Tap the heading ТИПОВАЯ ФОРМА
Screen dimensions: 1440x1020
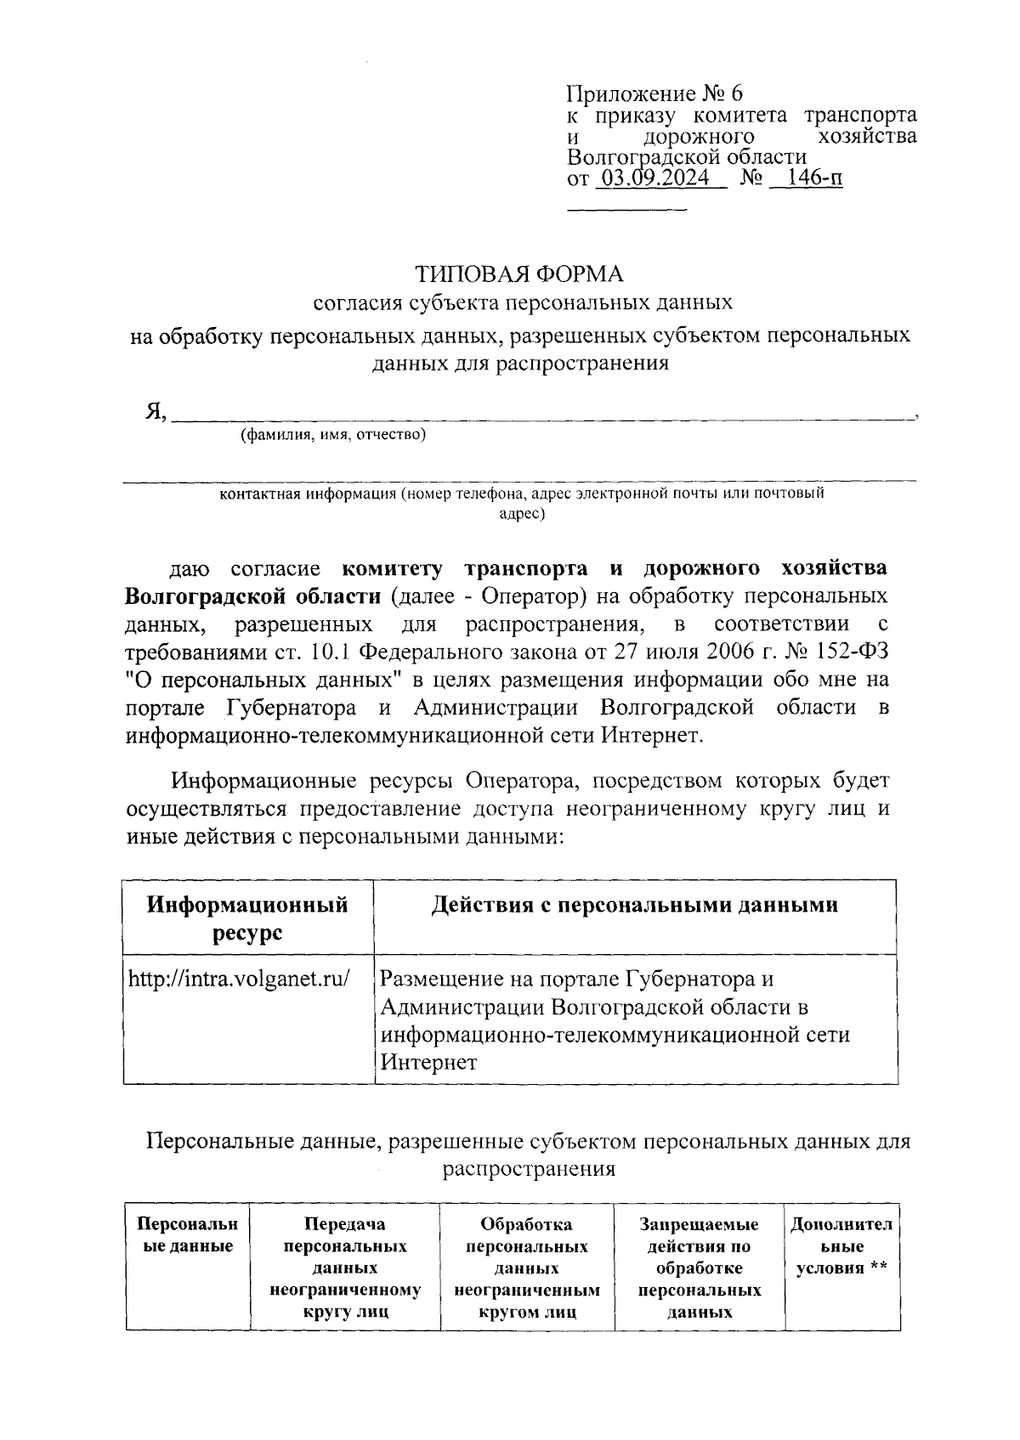(518, 274)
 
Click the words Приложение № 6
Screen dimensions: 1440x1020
(654, 93)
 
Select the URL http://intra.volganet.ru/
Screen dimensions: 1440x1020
(239, 978)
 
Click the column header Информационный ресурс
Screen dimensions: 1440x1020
(247, 918)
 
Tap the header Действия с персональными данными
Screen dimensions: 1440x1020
(634, 905)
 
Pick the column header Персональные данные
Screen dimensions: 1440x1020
(187, 1235)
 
